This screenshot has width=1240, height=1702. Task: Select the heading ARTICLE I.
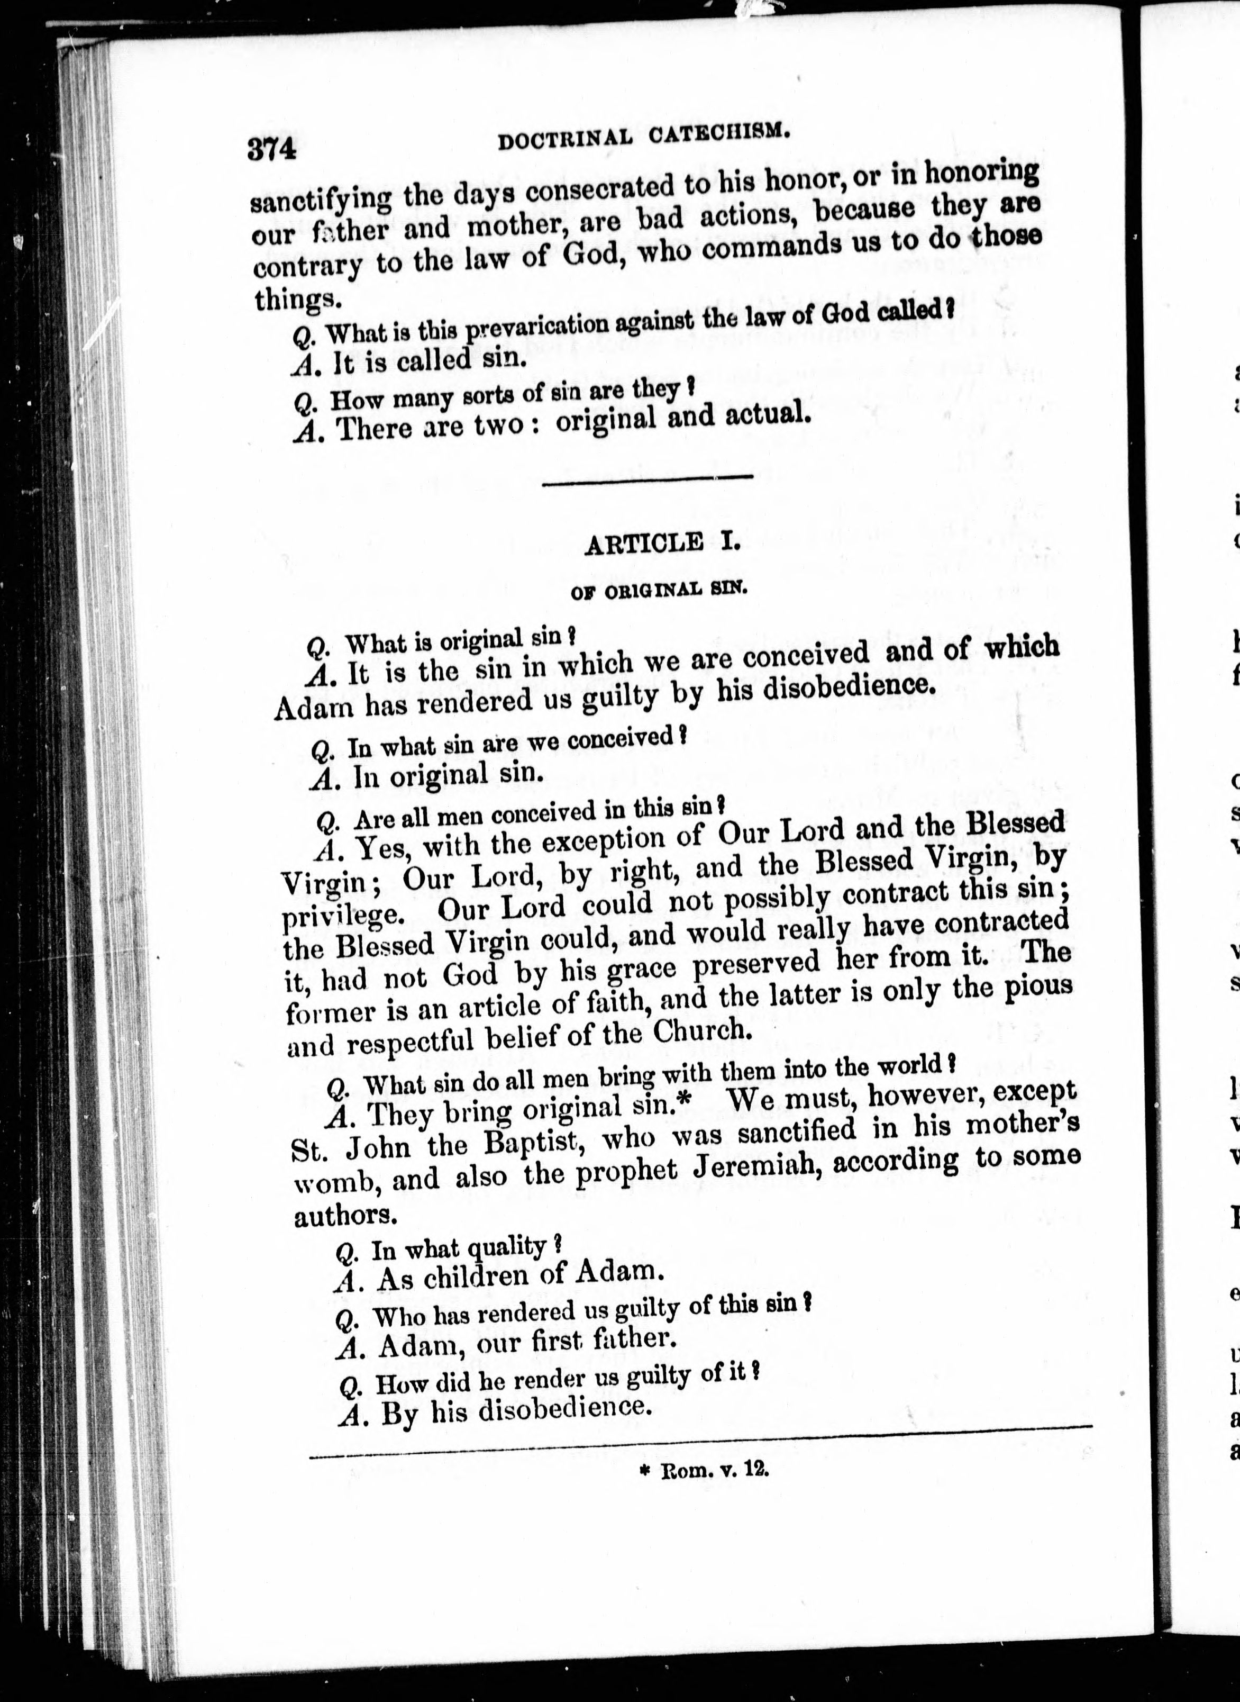click(661, 542)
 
